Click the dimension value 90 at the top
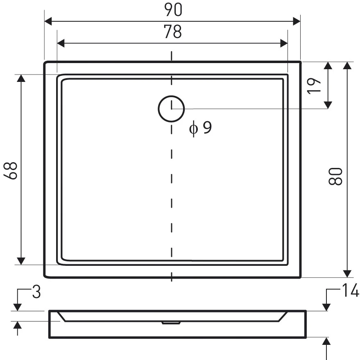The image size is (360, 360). [173, 9]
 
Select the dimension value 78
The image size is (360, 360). [173, 31]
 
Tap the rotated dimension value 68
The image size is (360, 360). [11, 170]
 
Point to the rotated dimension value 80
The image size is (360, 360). [335, 176]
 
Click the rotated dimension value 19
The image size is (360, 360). [314, 86]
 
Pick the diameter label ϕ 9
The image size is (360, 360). [200, 128]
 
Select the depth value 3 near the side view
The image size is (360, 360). [36, 292]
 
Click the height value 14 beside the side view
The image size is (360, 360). [350, 290]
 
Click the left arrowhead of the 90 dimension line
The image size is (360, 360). [48, 21]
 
